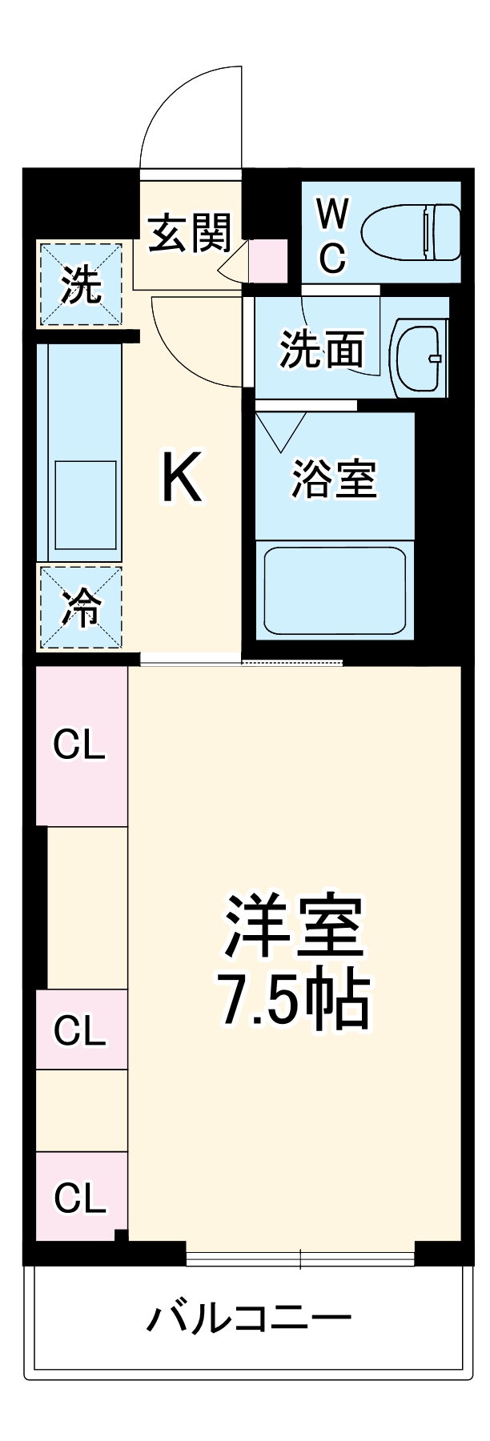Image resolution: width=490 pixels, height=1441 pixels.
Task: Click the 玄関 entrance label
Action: [x=190, y=233]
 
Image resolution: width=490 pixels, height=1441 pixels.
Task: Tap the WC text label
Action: [x=332, y=235]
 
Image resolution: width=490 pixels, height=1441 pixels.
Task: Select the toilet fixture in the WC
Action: [x=411, y=232]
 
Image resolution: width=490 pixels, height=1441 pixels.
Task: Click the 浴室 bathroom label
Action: [x=333, y=478]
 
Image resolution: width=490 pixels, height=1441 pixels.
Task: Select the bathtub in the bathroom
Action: [x=335, y=589]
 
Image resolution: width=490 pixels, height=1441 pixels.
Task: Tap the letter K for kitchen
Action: [x=182, y=477]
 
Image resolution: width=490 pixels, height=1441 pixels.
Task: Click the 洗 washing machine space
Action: [x=81, y=284]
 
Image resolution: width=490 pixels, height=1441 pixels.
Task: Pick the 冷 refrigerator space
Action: [x=81, y=608]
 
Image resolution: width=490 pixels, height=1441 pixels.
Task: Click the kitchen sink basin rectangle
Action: [x=85, y=505]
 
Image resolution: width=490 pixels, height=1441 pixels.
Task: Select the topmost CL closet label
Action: [x=79, y=745]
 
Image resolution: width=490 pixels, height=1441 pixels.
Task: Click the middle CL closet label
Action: [x=80, y=1030]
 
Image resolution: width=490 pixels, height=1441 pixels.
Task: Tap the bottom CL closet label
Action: [x=80, y=1198]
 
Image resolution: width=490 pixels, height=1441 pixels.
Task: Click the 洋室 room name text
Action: [x=294, y=926]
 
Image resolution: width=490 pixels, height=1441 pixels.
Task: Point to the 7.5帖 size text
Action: [x=294, y=1001]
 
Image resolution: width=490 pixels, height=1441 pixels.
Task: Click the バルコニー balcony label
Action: [x=248, y=1318]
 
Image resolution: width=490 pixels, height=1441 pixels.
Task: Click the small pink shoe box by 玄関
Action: [x=267, y=260]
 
